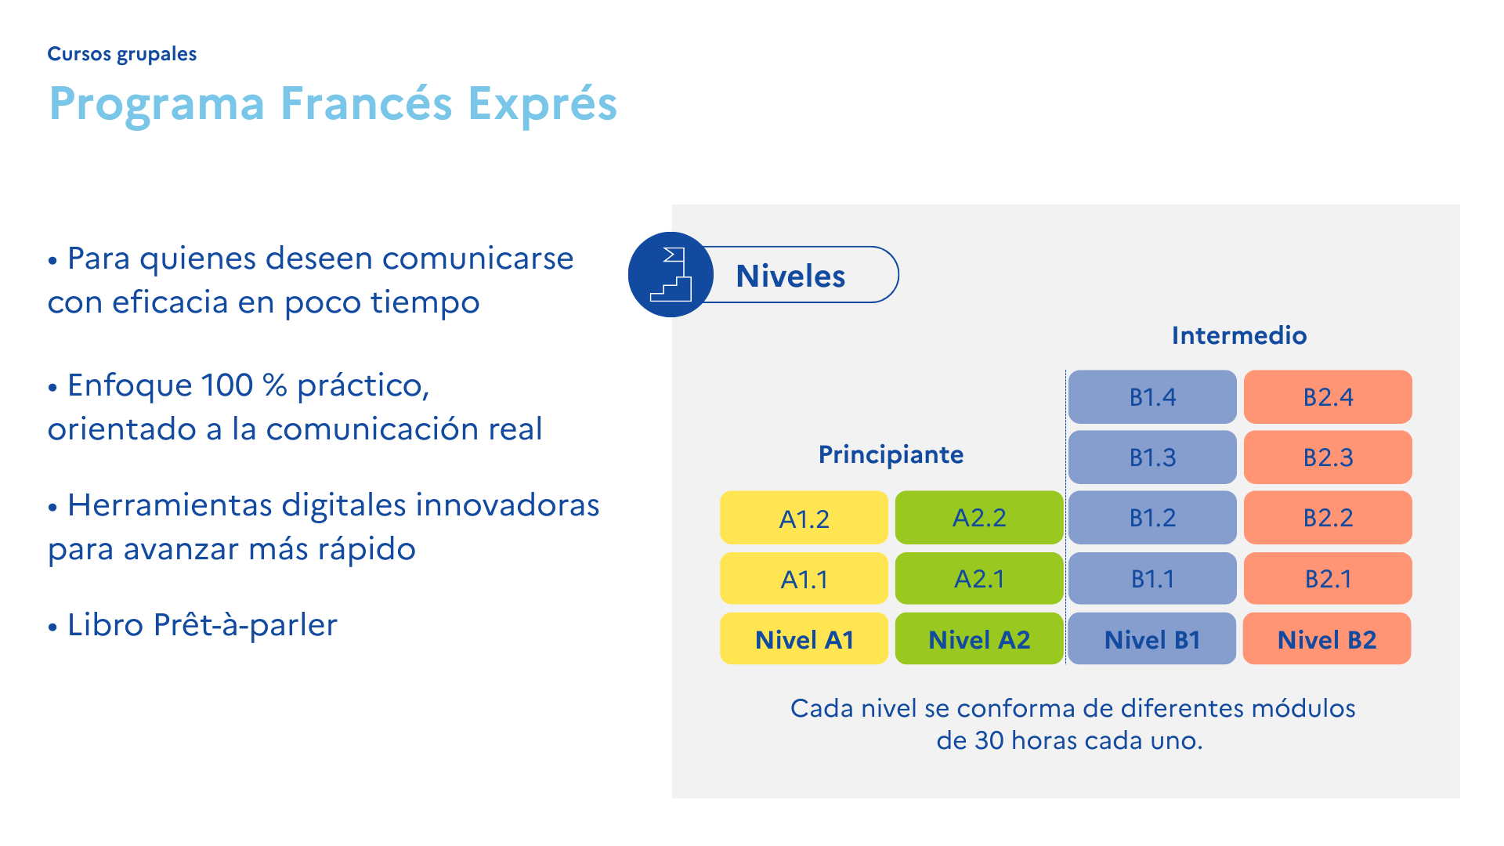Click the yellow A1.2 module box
pyautogui.click(x=804, y=518)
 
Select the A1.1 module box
pyautogui.click(x=804, y=579)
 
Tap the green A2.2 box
pyautogui.click(x=979, y=518)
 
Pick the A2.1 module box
pyautogui.click(x=979, y=579)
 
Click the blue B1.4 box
pyautogui.click(x=1152, y=397)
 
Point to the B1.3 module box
pyautogui.click(x=1152, y=457)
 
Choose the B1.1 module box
pyautogui.click(x=1152, y=579)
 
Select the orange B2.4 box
pyautogui.click(x=1328, y=397)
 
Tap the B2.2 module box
pyautogui.click(x=1328, y=518)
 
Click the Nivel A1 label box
pyautogui.click(x=804, y=639)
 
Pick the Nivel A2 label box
pyautogui.click(x=979, y=639)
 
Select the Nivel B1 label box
pyautogui.click(x=1152, y=639)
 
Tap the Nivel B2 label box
pyautogui.click(x=1327, y=639)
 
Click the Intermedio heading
pyautogui.click(x=1239, y=335)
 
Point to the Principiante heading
pyautogui.click(x=891, y=454)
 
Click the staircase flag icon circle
pyautogui.click(x=671, y=275)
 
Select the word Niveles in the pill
pyautogui.click(x=790, y=276)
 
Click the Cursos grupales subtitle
pyautogui.click(x=121, y=54)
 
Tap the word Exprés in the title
pyautogui.click(x=542, y=103)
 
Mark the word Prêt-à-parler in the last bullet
pyautogui.click(x=245, y=625)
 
